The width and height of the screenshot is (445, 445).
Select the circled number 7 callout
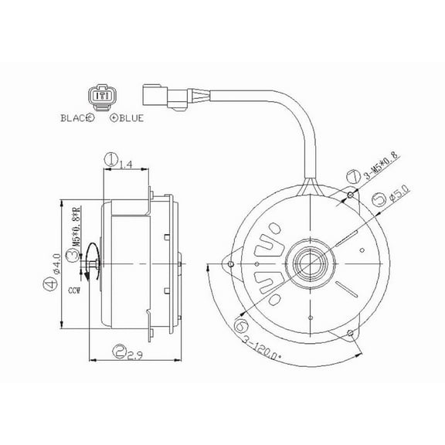click(352, 178)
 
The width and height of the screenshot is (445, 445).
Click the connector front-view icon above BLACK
click(101, 97)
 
